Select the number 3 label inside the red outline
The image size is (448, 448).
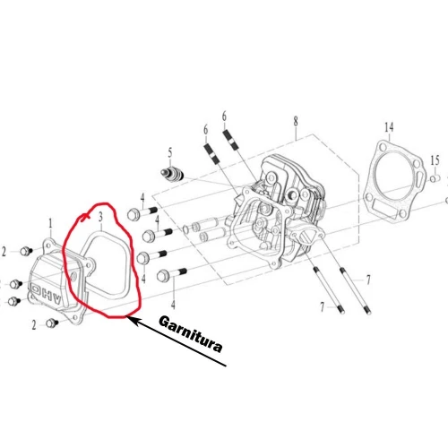click(x=101, y=216)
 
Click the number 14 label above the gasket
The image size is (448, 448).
click(x=389, y=127)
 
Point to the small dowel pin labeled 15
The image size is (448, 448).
click(x=435, y=177)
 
